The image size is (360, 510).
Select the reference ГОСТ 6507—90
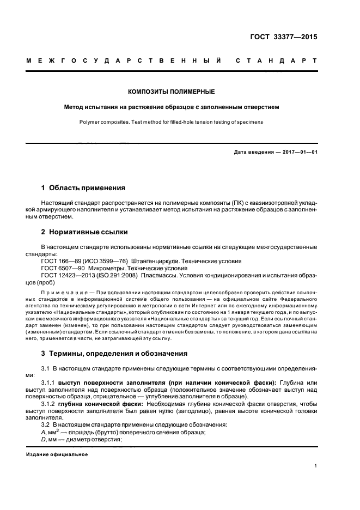click(61, 268)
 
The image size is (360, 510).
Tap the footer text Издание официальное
click(57, 453)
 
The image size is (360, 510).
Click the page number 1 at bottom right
click(315, 466)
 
